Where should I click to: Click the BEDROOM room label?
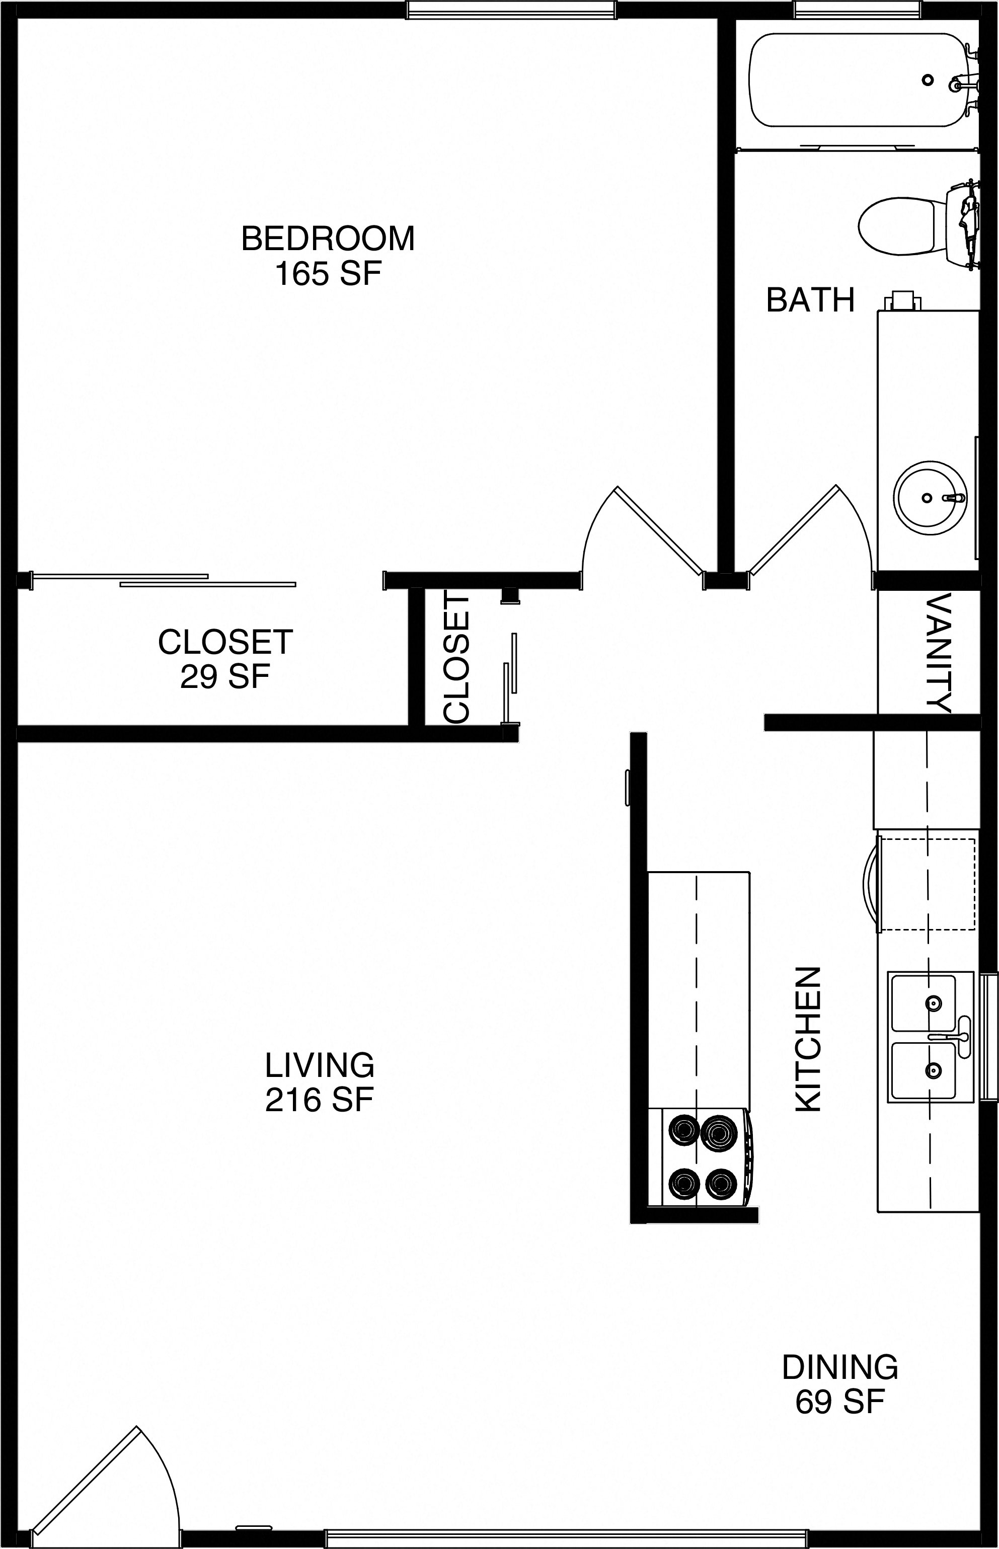point(328,239)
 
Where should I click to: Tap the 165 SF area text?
point(328,274)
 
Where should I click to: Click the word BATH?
point(810,300)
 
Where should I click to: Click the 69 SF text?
point(839,1401)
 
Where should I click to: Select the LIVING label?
point(320,1065)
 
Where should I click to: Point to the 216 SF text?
point(320,1100)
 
